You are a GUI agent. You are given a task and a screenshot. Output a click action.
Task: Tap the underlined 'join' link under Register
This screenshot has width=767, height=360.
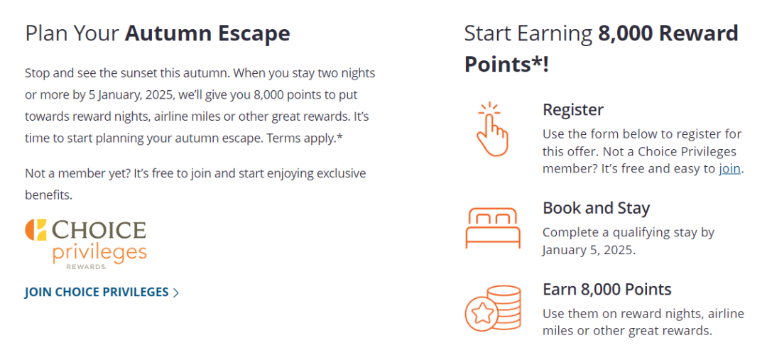tap(729, 169)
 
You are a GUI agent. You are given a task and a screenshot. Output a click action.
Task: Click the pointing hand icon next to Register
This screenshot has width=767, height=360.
tap(493, 129)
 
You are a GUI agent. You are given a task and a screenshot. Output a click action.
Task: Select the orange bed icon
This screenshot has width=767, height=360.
tap(493, 227)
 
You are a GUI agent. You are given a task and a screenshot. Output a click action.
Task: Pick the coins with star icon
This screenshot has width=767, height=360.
tap(493, 308)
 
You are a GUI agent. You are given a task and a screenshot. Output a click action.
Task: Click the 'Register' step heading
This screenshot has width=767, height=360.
tap(573, 109)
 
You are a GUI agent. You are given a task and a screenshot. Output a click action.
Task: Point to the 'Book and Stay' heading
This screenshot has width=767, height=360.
tap(597, 208)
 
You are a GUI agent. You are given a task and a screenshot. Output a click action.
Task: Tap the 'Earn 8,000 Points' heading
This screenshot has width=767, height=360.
tap(607, 289)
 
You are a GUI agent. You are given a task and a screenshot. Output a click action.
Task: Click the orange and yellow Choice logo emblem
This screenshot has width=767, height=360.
tap(36, 230)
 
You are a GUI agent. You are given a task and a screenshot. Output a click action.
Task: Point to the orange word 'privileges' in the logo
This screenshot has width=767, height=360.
tap(99, 253)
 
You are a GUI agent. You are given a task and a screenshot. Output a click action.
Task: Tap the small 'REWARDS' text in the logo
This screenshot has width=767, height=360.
tap(87, 266)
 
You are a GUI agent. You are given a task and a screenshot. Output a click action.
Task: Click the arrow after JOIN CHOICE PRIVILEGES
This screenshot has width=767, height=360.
tap(175, 293)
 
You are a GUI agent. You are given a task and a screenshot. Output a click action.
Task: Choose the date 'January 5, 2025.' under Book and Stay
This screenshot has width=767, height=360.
tap(589, 250)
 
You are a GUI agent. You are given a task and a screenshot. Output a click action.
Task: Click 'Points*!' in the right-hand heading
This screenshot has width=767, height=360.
tap(507, 64)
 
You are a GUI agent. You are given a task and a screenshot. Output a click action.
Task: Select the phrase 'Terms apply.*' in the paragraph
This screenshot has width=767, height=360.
tap(305, 138)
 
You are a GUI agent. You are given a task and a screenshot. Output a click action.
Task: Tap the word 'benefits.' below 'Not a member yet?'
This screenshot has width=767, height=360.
tap(48, 195)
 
